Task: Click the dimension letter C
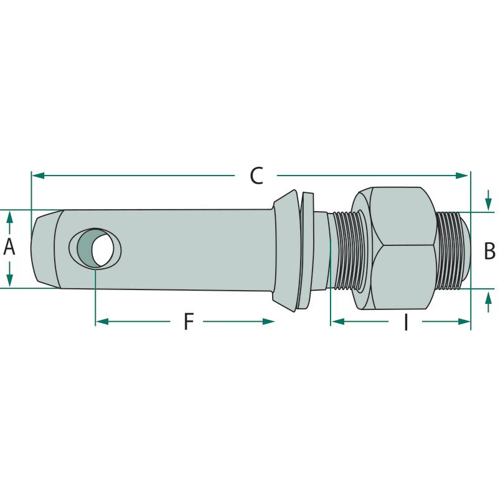(x=256, y=176)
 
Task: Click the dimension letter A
(x=9, y=247)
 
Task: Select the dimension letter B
(x=489, y=251)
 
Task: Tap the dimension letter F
(x=189, y=321)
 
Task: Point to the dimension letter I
(x=406, y=322)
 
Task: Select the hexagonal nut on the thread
(x=393, y=248)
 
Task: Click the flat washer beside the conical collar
(x=306, y=250)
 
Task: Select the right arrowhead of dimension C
(x=462, y=176)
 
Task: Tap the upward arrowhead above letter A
(x=9, y=217)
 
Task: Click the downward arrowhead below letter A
(x=9, y=280)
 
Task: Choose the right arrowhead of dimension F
(x=268, y=322)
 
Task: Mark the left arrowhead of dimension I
(x=337, y=322)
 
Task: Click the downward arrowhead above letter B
(x=489, y=204)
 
